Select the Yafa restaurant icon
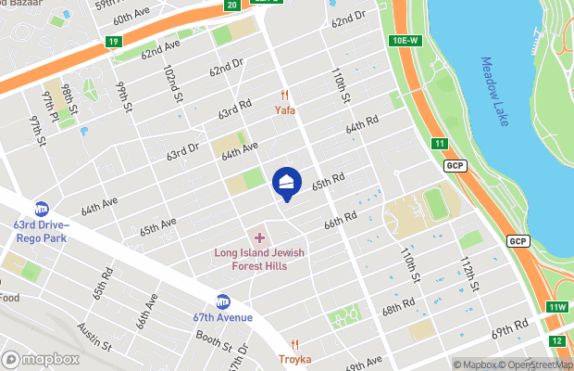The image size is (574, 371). [285, 96]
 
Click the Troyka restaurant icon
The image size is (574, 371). [294, 344]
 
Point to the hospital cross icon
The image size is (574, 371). [260, 238]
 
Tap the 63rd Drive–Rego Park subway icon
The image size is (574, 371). [42, 209]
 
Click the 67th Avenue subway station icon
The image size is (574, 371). [222, 301]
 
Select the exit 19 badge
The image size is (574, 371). [113, 42]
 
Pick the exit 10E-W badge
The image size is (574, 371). [406, 41]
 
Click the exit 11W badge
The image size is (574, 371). [556, 308]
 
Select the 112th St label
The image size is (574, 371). [468, 273]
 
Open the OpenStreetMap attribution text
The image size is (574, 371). [538, 365]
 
